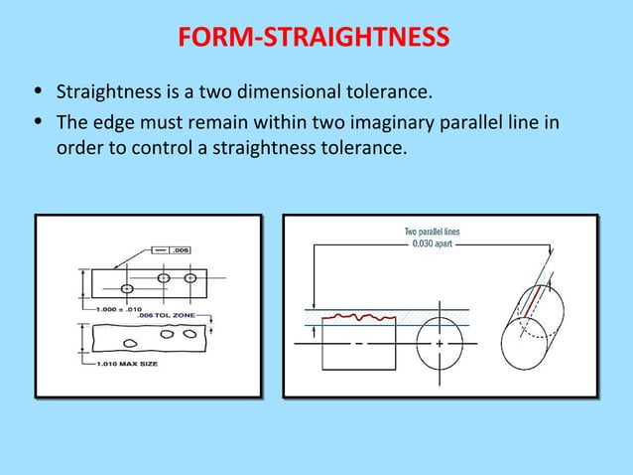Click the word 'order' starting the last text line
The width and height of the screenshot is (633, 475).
tap(78, 148)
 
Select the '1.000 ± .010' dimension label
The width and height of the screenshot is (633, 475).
tap(120, 309)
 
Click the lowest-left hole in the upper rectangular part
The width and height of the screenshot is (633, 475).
tap(127, 288)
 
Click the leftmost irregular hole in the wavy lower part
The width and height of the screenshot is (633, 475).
tap(130, 344)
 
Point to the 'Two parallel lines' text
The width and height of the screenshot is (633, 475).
tap(432, 233)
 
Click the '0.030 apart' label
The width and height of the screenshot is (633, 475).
tap(432, 244)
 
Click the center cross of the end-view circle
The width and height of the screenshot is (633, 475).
tap(440, 344)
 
